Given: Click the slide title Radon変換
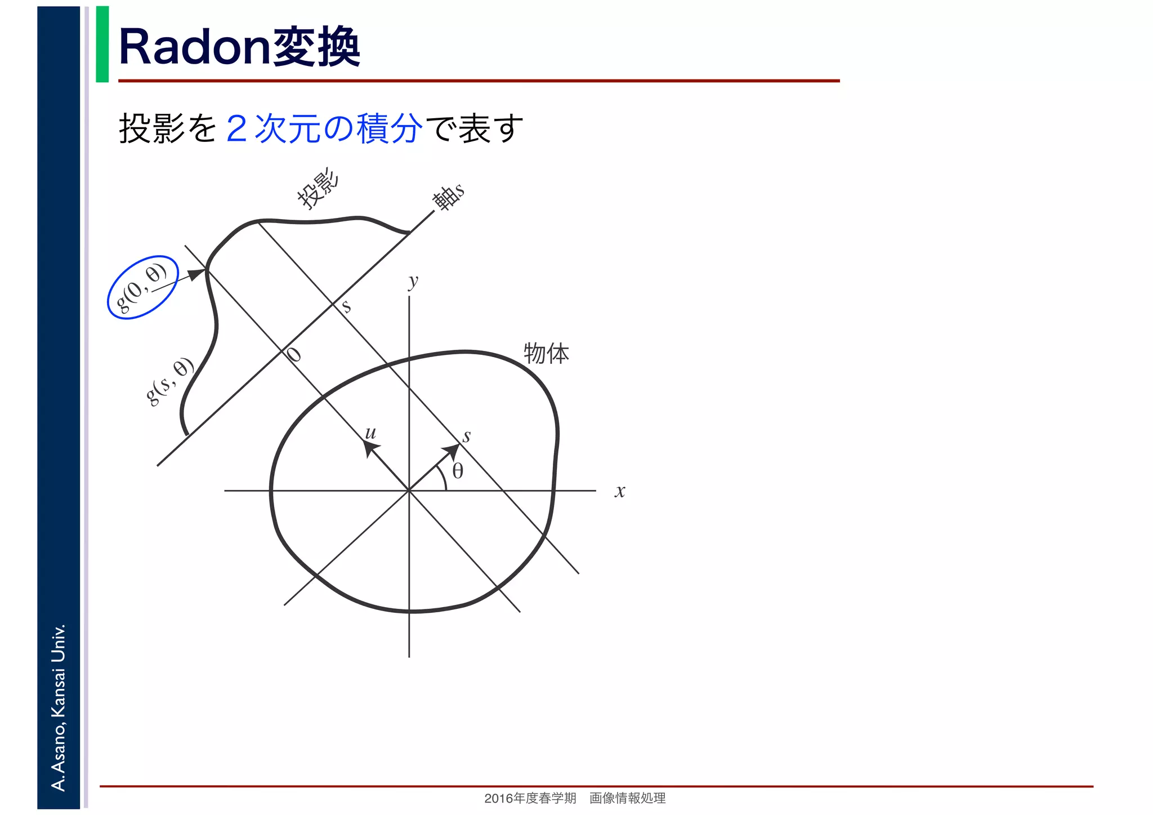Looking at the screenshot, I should [239, 48].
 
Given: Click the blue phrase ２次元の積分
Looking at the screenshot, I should [324, 128].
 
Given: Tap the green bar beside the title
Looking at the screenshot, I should [102, 44].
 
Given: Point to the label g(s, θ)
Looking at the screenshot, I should [169, 381].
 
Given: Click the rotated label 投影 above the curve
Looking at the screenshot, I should [319, 189].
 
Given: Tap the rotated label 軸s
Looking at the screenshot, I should [448, 197].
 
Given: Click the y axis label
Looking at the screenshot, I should [414, 280].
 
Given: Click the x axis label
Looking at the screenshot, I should [620, 491].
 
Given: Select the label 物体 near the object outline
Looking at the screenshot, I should [546, 354].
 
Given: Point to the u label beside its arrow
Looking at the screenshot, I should [370, 433].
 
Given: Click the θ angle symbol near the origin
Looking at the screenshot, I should [458, 471].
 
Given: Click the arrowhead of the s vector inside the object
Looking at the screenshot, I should [453, 451].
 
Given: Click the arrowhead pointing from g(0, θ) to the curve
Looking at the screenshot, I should [197, 274].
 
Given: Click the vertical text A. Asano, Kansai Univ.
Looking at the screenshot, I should [59, 707].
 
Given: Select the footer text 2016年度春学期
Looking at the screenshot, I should [530, 798].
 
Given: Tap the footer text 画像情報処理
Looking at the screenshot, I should [627, 798].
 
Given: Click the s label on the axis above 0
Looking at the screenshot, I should [346, 306].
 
